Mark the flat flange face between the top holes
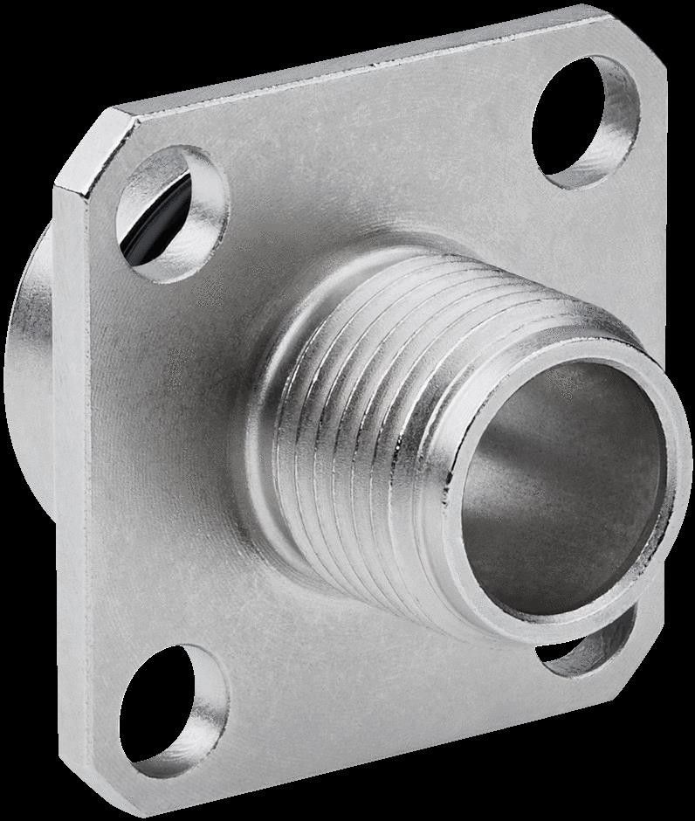(x=375, y=148)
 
